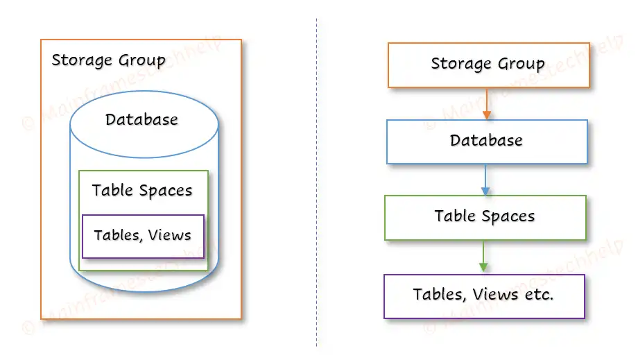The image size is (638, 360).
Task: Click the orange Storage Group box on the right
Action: (488, 65)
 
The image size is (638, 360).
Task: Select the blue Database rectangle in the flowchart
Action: (486, 142)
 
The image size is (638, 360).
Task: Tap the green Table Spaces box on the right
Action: (485, 217)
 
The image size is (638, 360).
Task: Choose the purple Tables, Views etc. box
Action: (483, 295)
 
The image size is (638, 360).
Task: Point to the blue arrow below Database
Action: (485, 180)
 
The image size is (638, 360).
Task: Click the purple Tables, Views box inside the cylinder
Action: (143, 236)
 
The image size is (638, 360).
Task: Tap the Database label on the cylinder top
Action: (141, 120)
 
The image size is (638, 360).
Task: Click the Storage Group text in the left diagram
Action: (108, 60)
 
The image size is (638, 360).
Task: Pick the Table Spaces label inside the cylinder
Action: (142, 191)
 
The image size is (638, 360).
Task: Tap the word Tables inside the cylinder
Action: (114, 236)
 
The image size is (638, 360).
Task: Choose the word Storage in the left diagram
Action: (80, 60)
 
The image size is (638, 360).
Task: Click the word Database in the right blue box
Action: (486, 141)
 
